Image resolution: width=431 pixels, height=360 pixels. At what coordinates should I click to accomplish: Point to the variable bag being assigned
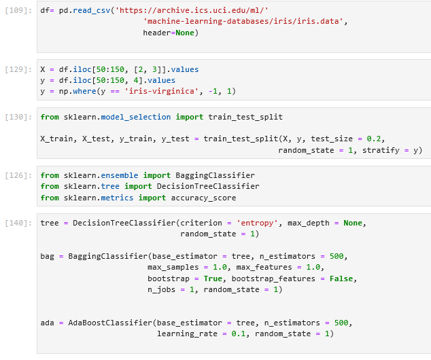48,257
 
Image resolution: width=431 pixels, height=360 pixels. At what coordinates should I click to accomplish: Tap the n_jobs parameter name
161,289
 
